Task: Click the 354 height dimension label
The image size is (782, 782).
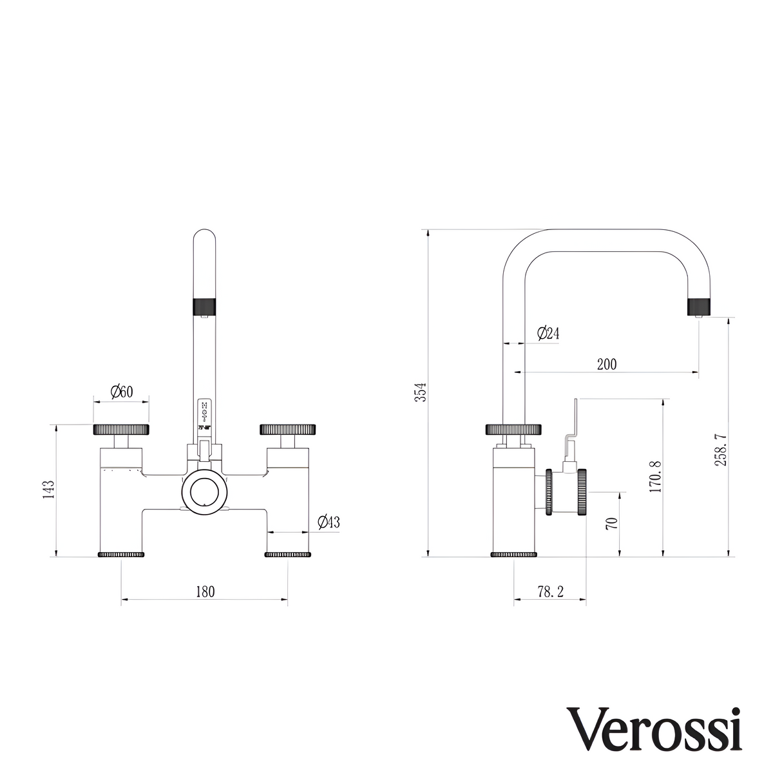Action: tap(420, 392)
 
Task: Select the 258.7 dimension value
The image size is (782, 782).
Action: tap(721, 449)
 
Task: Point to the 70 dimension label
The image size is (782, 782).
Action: tap(612, 522)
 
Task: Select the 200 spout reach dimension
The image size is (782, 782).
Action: tap(606, 364)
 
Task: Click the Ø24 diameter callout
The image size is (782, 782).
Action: tap(548, 333)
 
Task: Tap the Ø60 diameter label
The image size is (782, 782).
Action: tap(121, 391)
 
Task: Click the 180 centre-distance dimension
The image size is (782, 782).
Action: tap(204, 591)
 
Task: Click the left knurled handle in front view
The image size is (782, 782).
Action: tap(122, 429)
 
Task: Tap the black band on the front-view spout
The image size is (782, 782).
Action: tap(205, 305)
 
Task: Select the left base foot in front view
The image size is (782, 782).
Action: tap(120, 554)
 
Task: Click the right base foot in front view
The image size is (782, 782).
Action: tap(287, 554)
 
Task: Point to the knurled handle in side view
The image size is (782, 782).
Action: tap(514, 429)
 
